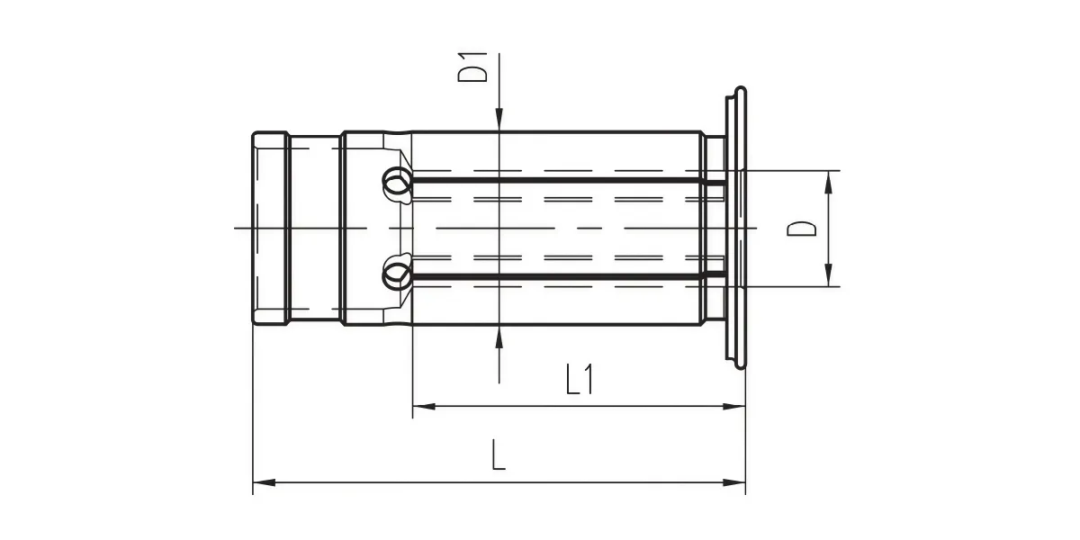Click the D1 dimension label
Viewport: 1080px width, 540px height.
click(x=472, y=67)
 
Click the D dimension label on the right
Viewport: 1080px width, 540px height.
click(x=801, y=229)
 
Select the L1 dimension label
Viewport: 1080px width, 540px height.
click(x=580, y=380)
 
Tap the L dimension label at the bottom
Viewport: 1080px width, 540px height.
click(x=499, y=454)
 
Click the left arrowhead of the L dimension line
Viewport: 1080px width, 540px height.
click(x=265, y=482)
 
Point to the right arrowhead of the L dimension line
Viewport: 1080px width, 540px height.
click(x=733, y=482)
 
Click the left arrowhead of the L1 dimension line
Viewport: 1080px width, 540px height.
click(x=424, y=407)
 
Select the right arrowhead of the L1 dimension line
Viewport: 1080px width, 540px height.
click(x=733, y=407)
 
